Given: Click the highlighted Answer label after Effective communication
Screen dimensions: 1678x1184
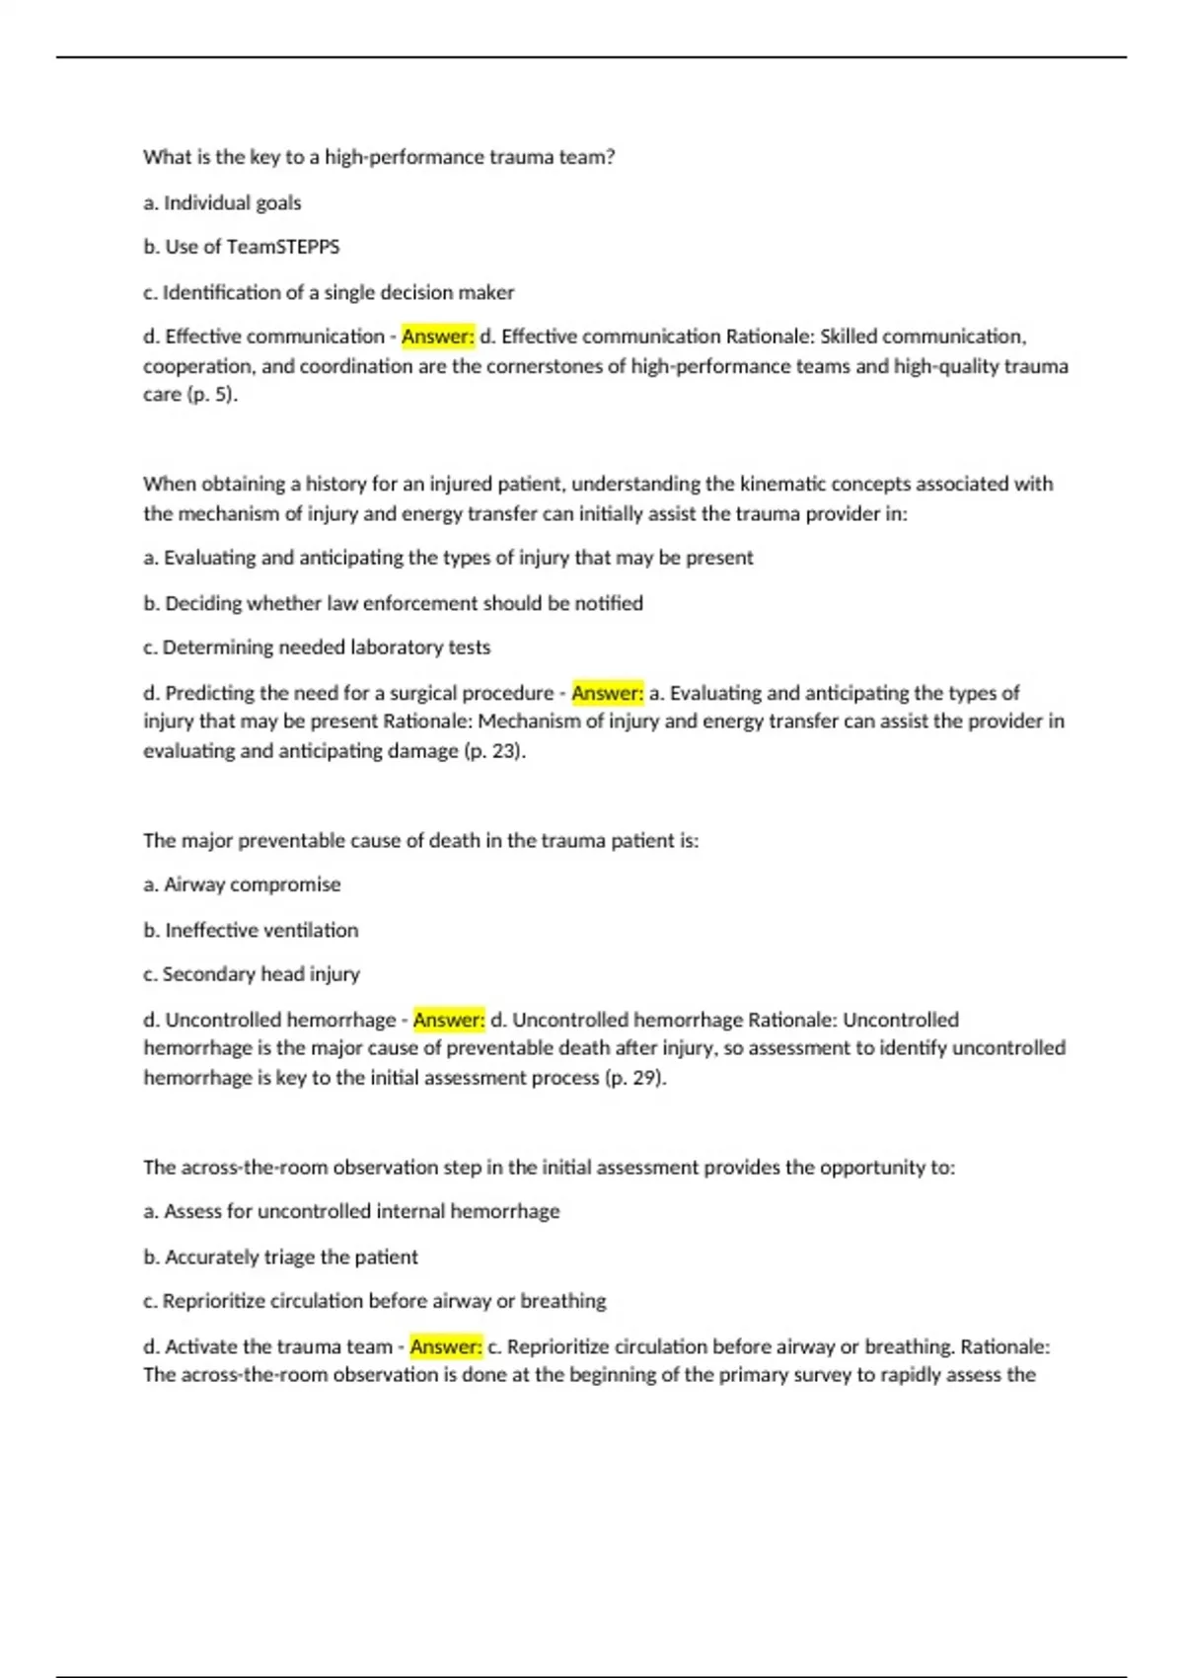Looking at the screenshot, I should (x=438, y=337).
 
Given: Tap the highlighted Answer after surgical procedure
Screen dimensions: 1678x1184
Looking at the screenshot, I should (x=608, y=693).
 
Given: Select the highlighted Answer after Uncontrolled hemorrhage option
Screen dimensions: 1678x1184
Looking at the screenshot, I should (x=449, y=1020).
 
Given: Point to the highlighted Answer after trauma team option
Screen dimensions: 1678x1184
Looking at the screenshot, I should (x=446, y=1346).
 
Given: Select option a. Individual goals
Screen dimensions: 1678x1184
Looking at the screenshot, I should (x=222, y=203).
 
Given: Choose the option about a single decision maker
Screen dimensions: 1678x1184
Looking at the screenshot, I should (x=329, y=292).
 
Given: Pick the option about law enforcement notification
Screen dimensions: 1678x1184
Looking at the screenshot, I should (x=393, y=603).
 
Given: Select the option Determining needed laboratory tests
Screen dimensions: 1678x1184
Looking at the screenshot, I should (x=317, y=648).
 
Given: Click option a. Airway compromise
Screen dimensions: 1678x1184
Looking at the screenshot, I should (x=242, y=884).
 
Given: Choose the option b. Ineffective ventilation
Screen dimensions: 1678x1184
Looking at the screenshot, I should (x=251, y=930).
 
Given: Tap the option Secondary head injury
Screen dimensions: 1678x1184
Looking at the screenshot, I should (x=252, y=974).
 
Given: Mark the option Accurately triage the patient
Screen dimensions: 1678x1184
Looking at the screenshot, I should (x=280, y=1257).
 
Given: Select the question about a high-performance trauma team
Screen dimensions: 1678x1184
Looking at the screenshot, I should (x=379, y=157).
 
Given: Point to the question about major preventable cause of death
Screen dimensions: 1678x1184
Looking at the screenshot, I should (x=420, y=841).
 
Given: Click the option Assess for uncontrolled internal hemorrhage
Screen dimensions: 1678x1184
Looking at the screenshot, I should (x=351, y=1211).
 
